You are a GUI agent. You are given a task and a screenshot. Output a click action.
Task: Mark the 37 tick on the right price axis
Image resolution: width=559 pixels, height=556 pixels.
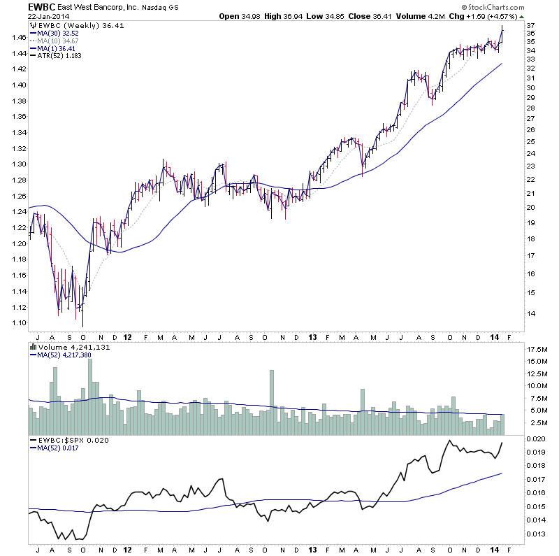pos(530,26)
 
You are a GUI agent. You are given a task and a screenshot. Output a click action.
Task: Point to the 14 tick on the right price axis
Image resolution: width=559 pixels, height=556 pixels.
pos(530,314)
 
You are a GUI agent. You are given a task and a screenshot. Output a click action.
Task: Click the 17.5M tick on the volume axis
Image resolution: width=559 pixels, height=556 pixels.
pos(536,348)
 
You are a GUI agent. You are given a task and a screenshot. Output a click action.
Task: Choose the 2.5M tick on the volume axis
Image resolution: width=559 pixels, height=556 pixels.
pos(535,423)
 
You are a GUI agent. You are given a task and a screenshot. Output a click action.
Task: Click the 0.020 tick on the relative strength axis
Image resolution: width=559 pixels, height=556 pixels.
pos(536,439)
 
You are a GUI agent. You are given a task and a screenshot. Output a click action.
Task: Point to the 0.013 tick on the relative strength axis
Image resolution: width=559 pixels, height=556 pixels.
pos(536,534)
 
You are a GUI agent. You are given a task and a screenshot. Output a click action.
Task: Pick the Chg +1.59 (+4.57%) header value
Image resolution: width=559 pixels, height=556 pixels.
pos(498,16)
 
